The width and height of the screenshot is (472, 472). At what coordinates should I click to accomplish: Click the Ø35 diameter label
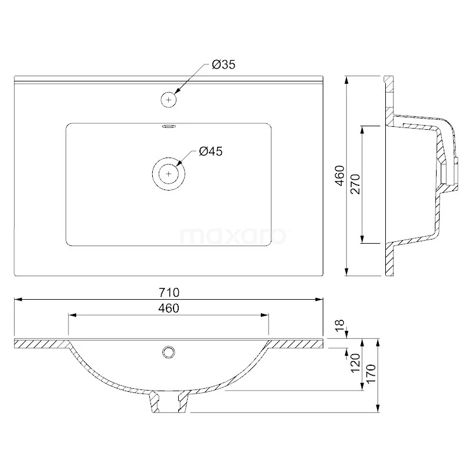(224, 65)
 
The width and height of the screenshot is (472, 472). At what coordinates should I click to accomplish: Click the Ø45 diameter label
(210, 152)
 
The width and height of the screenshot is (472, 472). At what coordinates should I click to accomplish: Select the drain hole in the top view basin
(169, 174)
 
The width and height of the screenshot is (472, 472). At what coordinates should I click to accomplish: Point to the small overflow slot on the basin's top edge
(169, 125)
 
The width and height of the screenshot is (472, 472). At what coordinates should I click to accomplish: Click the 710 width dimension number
(168, 293)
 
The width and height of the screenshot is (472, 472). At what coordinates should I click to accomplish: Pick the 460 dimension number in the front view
(168, 308)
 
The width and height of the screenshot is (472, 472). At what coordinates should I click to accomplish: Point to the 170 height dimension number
(371, 373)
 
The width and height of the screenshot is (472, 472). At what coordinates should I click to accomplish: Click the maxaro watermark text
(232, 236)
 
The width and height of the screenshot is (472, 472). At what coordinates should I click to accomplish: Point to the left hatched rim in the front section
(41, 343)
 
